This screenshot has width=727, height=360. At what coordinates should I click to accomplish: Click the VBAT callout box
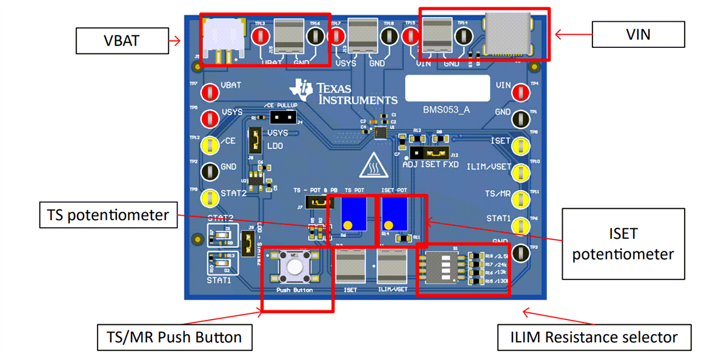point(122,41)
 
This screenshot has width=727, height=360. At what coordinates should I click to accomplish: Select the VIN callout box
point(638,35)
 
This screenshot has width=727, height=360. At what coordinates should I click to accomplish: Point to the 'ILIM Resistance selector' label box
point(593,337)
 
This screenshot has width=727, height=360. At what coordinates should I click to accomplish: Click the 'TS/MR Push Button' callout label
point(174,337)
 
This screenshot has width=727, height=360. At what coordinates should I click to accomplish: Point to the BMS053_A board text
point(446,110)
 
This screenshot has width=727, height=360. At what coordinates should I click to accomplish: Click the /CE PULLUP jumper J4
point(281,117)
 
